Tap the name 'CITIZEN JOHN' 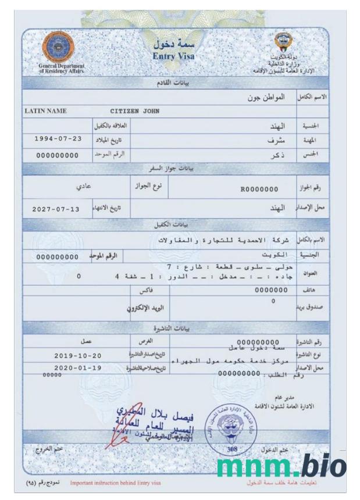pos(135,111)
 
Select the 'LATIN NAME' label pos(45,111)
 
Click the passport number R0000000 pos(259,189)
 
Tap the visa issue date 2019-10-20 pos(77,355)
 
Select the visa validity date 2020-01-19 pos(77,368)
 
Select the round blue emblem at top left pos(58,47)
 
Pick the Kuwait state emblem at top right pos(285,42)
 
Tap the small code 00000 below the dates pos(52,375)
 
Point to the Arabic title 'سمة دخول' pos(174,44)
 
